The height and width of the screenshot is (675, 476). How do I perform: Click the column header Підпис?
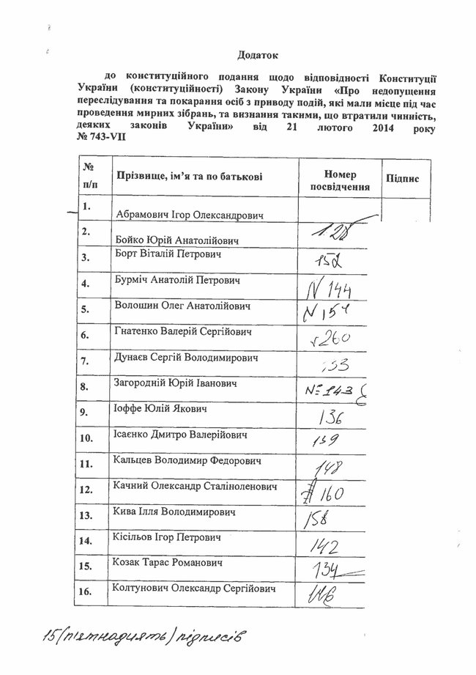[x=401, y=180]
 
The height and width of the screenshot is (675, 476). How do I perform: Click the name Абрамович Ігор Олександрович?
[x=190, y=215]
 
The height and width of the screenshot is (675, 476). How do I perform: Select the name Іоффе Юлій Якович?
[x=162, y=407]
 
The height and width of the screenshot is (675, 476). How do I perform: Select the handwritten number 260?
[x=334, y=338]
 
